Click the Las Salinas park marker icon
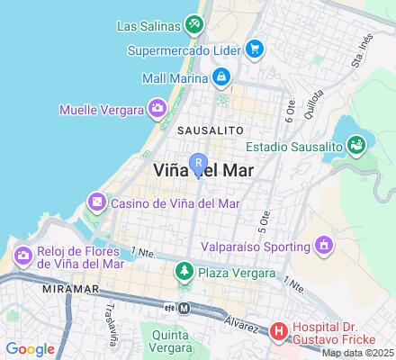[193, 23]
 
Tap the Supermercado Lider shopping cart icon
[255, 49]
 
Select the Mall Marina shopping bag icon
[220, 77]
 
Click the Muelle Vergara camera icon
[157, 110]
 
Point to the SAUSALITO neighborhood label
[209, 130]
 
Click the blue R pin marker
[197, 164]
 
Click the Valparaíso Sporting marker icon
[322, 244]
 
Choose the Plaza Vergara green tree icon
[184, 270]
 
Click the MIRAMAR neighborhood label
[42, 292]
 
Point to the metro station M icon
[184, 307]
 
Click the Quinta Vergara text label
[170, 341]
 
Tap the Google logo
[30, 349]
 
